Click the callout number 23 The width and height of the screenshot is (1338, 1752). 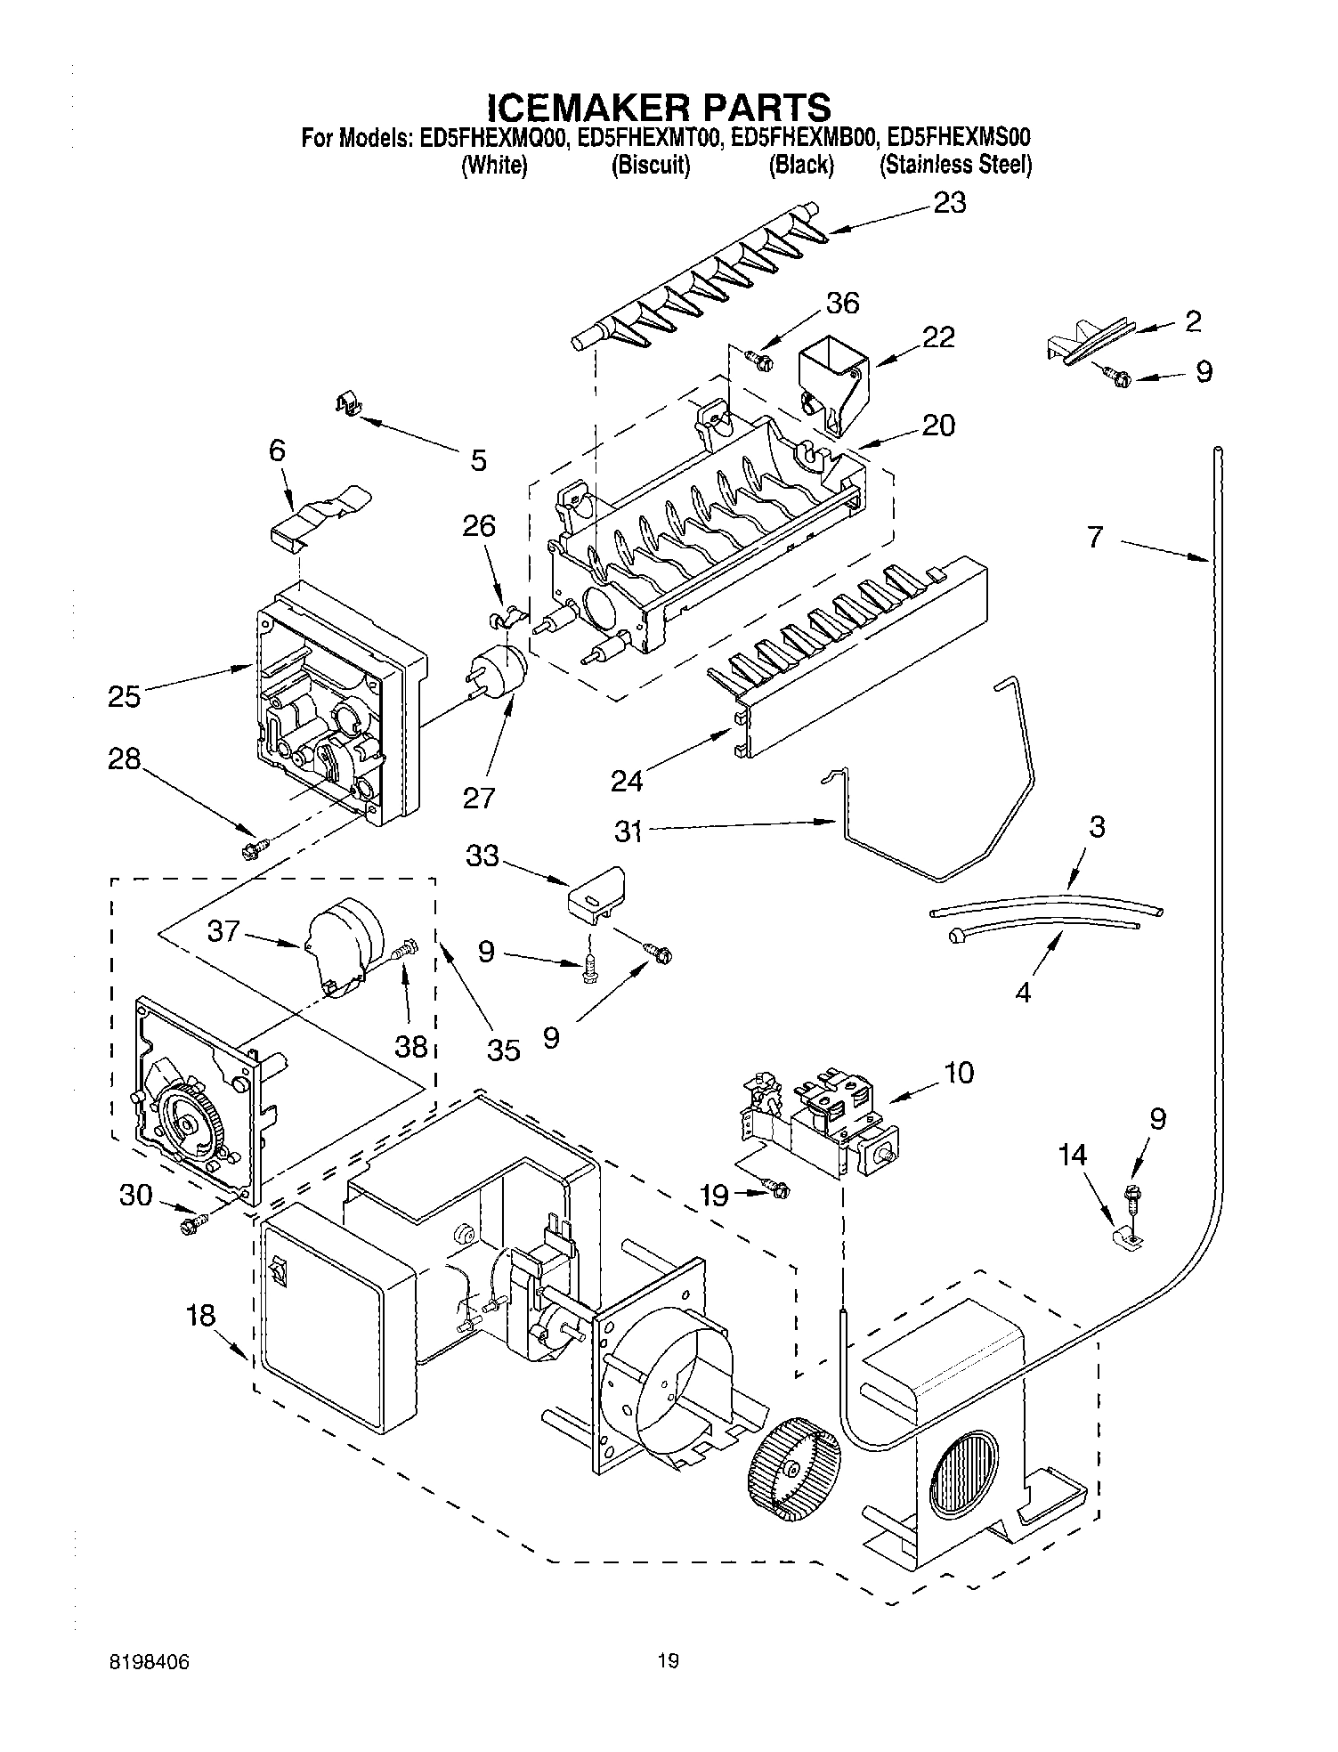coord(949,204)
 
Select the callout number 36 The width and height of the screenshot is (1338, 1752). coord(842,304)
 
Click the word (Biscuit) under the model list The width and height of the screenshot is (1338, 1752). coord(651,166)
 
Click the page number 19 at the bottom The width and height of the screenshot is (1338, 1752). coord(668,1660)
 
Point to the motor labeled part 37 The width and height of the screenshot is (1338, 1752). coord(345,945)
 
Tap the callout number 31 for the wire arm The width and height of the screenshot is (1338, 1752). coord(628,831)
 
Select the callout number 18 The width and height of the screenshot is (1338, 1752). coord(202,1315)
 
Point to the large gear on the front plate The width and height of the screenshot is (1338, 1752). coord(190,1125)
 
